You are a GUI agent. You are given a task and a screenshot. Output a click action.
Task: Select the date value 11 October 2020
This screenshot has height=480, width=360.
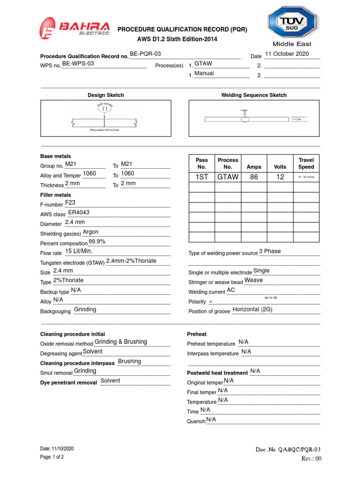point(287,54)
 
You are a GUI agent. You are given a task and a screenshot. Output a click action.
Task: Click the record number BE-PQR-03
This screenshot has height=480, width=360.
point(145,54)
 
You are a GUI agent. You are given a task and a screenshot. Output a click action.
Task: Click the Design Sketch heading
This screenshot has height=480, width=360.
point(106,95)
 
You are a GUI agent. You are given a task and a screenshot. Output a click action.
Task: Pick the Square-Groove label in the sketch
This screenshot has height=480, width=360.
point(105,130)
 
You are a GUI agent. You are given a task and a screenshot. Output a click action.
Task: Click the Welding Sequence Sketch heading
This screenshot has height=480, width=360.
point(254,95)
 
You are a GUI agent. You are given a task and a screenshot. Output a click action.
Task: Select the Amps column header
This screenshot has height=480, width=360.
point(254,167)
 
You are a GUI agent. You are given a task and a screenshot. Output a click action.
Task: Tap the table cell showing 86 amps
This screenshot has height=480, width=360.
point(254,177)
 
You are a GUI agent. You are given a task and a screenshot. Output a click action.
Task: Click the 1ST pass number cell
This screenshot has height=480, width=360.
point(202,177)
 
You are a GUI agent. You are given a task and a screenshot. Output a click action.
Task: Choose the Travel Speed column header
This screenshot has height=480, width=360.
point(306,164)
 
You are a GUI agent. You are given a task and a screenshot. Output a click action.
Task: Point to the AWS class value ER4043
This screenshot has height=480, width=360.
point(79,212)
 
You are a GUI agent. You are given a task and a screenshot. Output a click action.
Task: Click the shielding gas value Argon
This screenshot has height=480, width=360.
point(90,232)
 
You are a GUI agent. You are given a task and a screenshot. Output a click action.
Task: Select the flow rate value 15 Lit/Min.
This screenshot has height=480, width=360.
point(79,252)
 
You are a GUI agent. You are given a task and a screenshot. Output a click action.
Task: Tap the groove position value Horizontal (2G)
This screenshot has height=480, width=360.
point(253,310)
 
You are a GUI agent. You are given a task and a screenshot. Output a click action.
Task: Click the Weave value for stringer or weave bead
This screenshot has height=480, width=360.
point(254,280)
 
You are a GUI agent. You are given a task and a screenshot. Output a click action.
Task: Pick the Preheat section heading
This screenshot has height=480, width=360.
point(197,334)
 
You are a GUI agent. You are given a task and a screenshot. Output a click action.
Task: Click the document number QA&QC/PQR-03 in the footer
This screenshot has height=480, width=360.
point(288,450)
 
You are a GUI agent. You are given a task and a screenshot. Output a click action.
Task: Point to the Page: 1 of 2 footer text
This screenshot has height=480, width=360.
point(52,457)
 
